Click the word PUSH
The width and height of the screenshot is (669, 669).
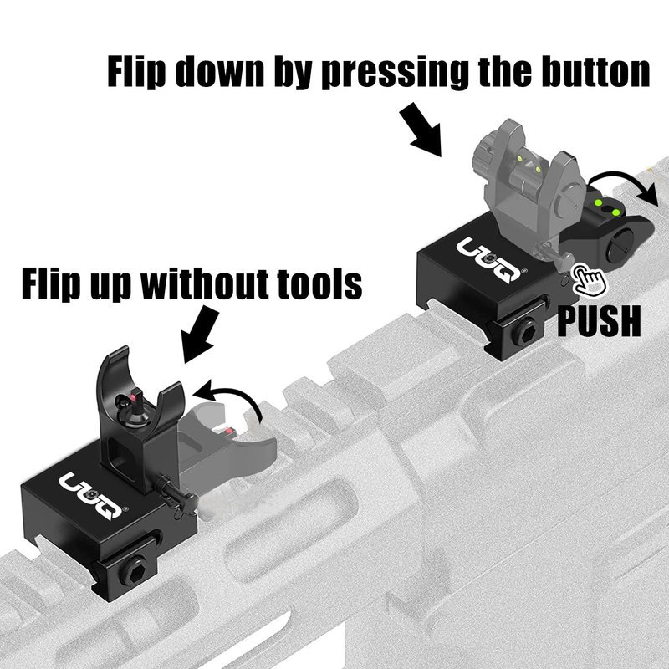pos(599,320)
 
